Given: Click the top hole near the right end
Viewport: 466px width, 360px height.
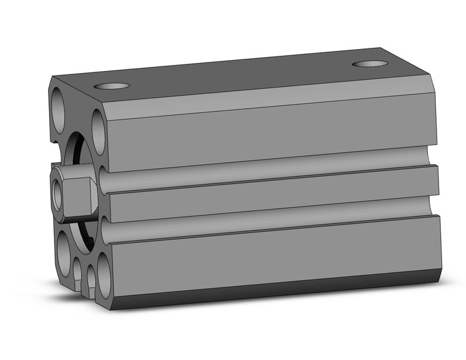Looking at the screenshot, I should click(370, 63).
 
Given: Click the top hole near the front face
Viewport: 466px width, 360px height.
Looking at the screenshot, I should click(112, 86).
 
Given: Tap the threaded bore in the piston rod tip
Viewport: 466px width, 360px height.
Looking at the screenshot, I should click(58, 196).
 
